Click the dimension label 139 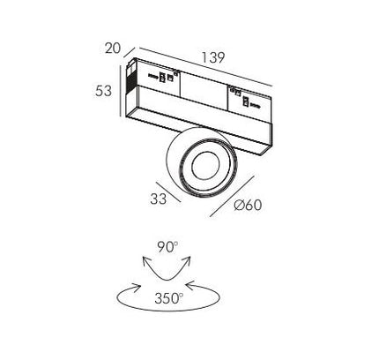coord(213,57)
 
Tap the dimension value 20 coord(113,48)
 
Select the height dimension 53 coord(103,91)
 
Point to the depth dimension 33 coord(159,199)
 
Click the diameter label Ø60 coord(248,205)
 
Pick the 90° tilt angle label coord(167,247)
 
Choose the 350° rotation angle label coord(169,298)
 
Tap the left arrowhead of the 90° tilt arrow coord(145,260)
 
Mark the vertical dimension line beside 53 coord(121,91)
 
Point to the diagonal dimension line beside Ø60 coord(232,196)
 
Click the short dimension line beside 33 coord(168,192)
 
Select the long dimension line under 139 coord(205,67)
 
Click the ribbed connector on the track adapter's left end coord(130,78)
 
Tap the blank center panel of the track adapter coord(204,89)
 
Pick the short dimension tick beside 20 coord(130,52)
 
